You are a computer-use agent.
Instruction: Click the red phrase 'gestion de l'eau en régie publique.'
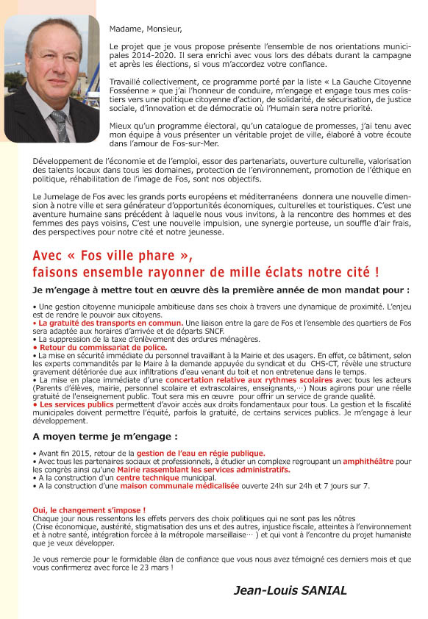(200, 453)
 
